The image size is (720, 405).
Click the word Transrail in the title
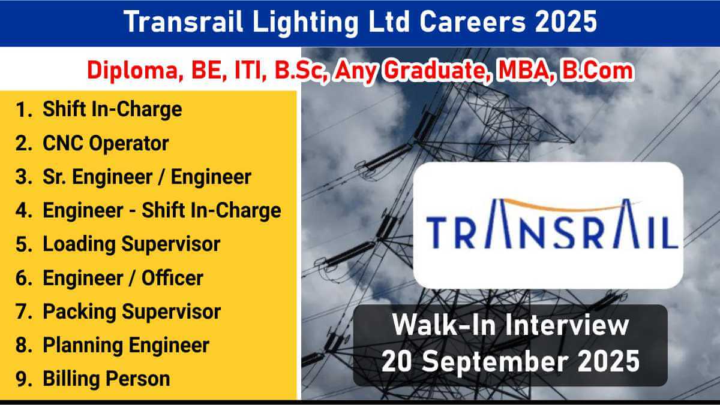183,22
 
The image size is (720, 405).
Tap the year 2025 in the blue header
566,22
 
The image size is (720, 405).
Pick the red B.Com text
597,70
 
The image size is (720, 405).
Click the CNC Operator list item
106,143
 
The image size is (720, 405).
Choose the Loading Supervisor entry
131,244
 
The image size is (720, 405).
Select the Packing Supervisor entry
132,312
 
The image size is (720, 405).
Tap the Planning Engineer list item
126,346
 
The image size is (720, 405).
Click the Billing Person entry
106,379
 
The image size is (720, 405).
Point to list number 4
23,210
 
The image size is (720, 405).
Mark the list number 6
23,278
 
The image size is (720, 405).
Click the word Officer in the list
173,278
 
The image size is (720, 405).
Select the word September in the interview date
495,362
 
